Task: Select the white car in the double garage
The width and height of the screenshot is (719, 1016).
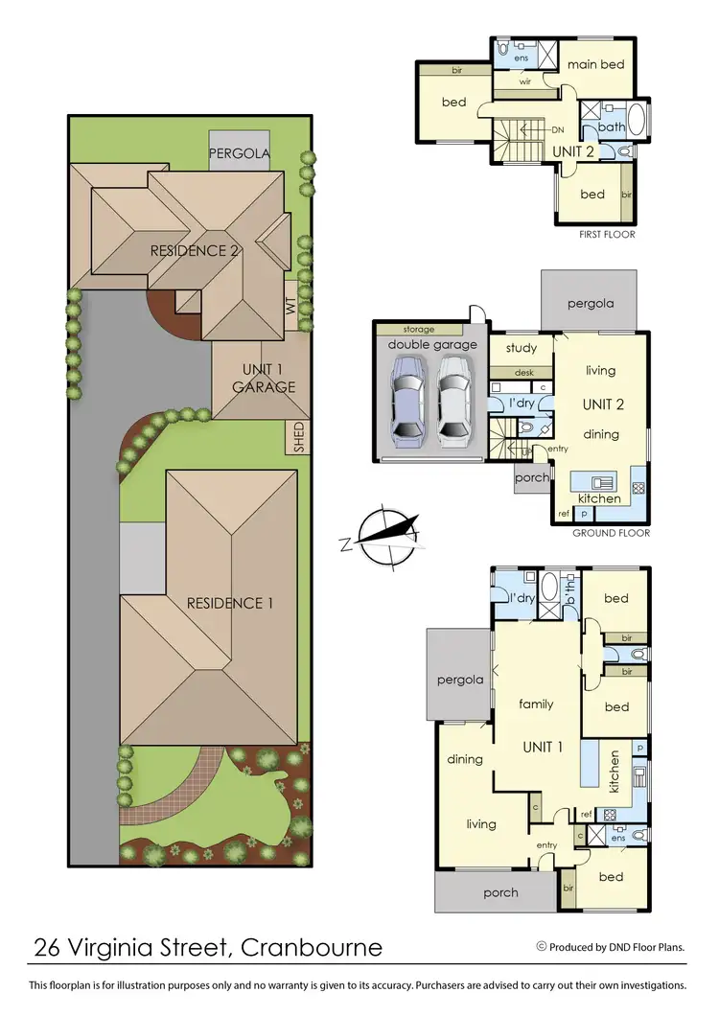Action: [x=455, y=403]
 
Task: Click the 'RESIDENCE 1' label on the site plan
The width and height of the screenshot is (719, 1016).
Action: [x=230, y=603]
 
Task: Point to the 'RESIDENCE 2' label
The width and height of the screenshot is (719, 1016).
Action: [x=194, y=251]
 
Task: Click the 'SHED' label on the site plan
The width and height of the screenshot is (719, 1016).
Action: [x=298, y=437]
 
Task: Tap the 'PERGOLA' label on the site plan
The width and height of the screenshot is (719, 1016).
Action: [x=241, y=152]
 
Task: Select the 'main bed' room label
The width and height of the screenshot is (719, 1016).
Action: [x=596, y=64]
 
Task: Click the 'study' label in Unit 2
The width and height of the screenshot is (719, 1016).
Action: [x=522, y=348]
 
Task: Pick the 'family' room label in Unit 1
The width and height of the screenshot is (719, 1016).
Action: [x=536, y=704]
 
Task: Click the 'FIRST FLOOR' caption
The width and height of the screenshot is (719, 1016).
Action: [x=606, y=234]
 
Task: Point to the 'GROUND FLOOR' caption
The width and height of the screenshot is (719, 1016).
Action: [x=611, y=533]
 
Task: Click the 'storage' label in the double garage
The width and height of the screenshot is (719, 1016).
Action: [x=418, y=330]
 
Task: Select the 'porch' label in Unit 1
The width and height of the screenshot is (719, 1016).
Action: [x=500, y=892]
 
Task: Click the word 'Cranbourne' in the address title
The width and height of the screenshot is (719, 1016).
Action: [x=312, y=948]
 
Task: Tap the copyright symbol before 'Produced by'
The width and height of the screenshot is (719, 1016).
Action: [x=542, y=947]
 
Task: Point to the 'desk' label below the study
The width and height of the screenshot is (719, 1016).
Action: [x=523, y=372]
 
